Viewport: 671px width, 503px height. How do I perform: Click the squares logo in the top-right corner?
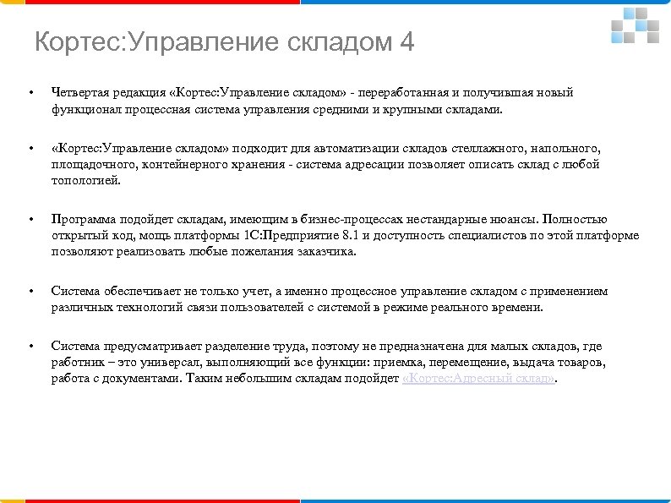coord(635,26)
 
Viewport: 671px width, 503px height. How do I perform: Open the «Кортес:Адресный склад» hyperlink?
coord(478,380)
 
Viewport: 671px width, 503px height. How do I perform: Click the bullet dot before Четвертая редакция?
coord(30,92)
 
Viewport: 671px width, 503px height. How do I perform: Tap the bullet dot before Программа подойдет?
coord(30,219)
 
